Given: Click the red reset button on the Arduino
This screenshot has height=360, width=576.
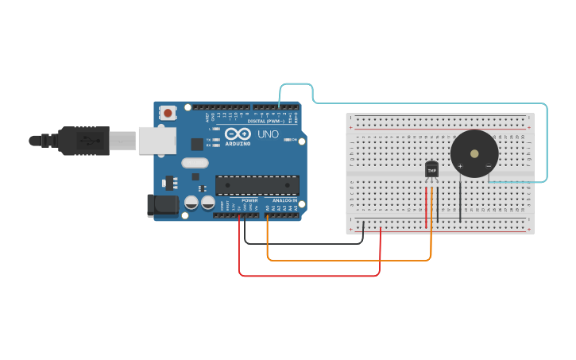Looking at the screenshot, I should point(168,114).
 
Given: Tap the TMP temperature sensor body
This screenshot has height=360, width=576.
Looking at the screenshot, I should point(432,170).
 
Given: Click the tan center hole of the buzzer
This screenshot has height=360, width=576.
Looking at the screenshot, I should point(474,153).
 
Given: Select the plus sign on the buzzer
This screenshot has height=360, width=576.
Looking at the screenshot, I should point(460,166).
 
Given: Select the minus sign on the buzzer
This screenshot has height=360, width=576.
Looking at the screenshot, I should point(488,166).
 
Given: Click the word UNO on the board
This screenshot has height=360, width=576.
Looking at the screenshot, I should point(268,134).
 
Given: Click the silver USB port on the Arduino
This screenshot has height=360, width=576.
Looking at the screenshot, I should point(157,141).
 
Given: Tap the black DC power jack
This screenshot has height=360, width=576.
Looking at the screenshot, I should point(162,205).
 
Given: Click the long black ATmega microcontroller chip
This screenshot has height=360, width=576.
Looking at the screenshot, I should point(257,185).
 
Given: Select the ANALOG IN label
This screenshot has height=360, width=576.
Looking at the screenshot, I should point(284,200).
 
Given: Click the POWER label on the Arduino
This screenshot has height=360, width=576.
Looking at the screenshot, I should point(249,200).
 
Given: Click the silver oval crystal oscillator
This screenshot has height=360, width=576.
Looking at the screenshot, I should point(195,163).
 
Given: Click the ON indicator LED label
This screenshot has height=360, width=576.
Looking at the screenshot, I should point(293,140).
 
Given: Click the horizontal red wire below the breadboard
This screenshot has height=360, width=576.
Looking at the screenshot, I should point(310,276).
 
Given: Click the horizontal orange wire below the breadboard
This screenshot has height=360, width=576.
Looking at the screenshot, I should point(350,260).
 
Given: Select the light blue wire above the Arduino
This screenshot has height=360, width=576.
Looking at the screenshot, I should point(429,103).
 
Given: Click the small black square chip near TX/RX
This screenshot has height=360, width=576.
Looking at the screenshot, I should point(197,144).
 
